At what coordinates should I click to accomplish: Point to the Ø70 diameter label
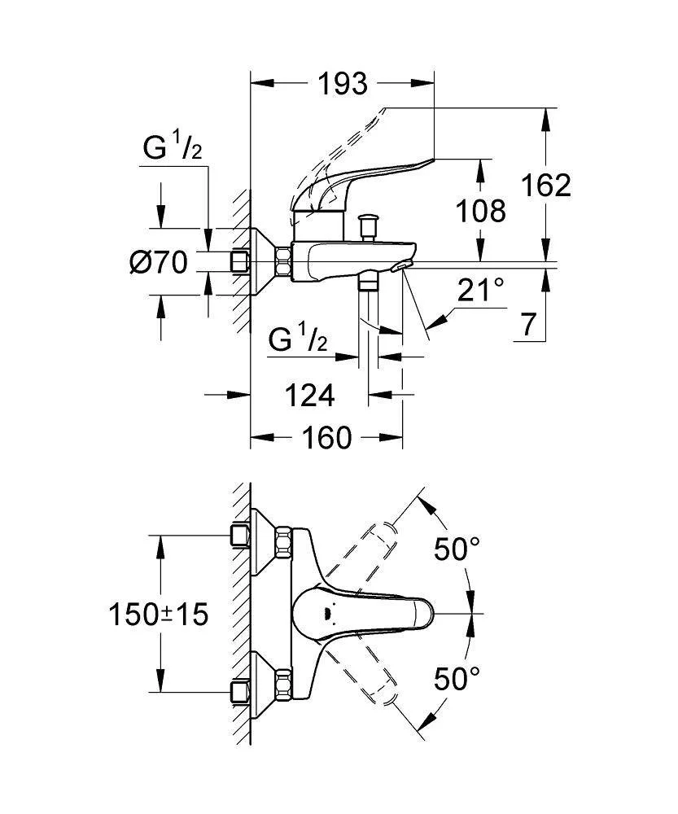(x=160, y=262)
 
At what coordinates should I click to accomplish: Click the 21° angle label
(x=481, y=290)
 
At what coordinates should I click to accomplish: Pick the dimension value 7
(x=529, y=325)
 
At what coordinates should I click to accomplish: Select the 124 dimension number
(x=309, y=396)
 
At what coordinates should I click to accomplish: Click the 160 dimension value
(x=326, y=438)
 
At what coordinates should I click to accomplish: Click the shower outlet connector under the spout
(x=370, y=282)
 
